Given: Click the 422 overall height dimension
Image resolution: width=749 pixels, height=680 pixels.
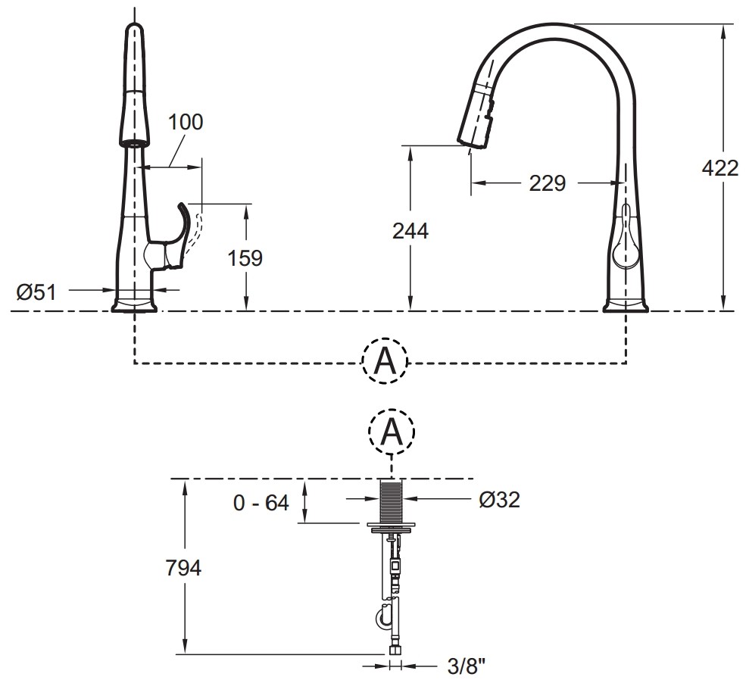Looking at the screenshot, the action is pyautogui.click(x=720, y=168).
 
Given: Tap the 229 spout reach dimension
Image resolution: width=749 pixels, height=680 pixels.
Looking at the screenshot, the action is pyautogui.click(x=547, y=183).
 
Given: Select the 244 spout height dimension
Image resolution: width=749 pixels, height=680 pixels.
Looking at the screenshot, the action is pyautogui.click(x=410, y=231).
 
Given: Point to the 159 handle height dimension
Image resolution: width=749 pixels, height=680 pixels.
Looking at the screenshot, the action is pyautogui.click(x=245, y=258).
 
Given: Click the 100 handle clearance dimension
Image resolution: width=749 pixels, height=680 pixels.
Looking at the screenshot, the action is pyautogui.click(x=186, y=122).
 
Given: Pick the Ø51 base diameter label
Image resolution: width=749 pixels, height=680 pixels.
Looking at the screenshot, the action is pyautogui.click(x=37, y=292).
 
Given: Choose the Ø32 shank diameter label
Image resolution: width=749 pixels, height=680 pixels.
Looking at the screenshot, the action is pyautogui.click(x=500, y=500).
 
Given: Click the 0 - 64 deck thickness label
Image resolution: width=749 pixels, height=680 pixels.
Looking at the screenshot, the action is pyautogui.click(x=261, y=503).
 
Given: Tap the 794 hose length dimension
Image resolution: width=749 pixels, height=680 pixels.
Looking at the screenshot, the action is pyautogui.click(x=183, y=568).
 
